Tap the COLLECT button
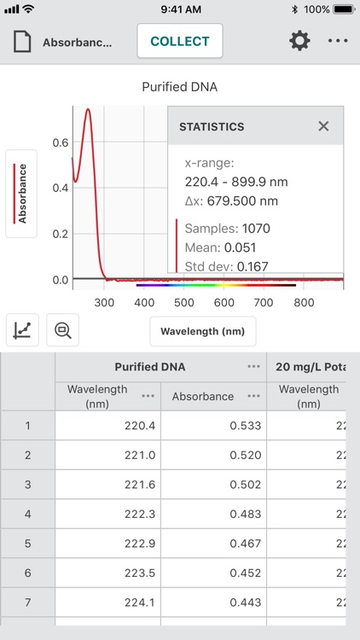(179, 41)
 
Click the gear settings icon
(299, 41)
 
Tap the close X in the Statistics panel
(323, 126)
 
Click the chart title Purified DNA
(179, 87)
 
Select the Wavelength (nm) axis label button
(203, 331)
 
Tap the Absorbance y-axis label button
(23, 193)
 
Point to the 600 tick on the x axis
(224, 302)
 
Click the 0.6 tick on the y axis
(61, 143)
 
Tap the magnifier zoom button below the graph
(63, 330)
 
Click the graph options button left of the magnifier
(23, 330)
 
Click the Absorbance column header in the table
(203, 396)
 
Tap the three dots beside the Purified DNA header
(253, 366)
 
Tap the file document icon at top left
(22, 41)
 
